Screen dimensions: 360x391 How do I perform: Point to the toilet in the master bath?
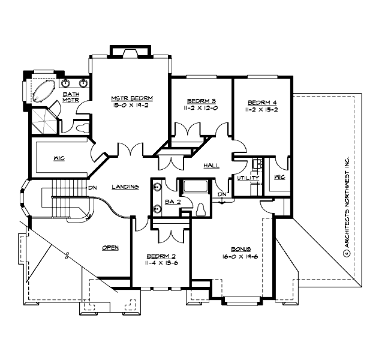(x=83, y=127)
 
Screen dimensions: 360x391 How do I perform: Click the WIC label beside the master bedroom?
(x=59, y=158)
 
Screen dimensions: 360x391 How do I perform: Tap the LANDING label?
(x=125, y=187)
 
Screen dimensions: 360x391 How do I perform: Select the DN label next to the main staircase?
(x=93, y=187)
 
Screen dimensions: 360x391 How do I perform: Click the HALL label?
(x=211, y=164)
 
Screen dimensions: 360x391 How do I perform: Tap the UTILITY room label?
(x=247, y=178)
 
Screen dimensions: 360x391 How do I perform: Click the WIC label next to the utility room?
(x=279, y=177)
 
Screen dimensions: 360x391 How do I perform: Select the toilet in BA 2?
(x=200, y=208)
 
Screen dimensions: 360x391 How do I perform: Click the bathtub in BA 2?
(x=195, y=187)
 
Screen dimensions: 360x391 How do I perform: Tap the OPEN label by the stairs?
(x=110, y=246)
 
